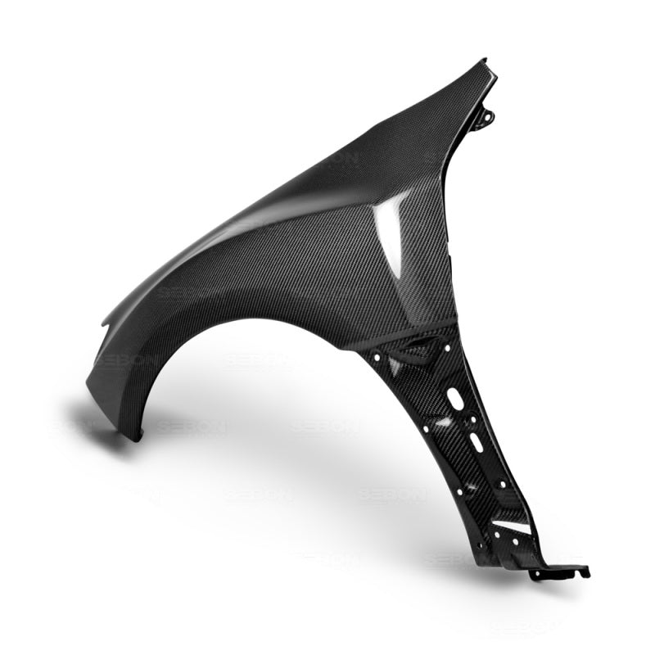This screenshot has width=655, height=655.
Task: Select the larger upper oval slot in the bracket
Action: [x=454, y=400]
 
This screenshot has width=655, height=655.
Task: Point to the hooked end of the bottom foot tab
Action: [x=585, y=571]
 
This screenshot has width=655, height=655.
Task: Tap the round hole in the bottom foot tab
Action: [x=540, y=573]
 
